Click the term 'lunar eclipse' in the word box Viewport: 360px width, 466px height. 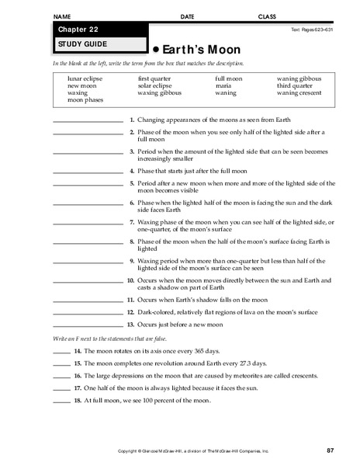pyautogui.click(x=85, y=79)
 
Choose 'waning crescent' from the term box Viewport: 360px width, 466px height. pyautogui.click(x=298, y=93)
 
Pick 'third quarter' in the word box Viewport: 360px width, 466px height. pyautogui.click(x=294, y=86)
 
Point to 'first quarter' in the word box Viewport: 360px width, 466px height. pyautogui.click(x=154, y=79)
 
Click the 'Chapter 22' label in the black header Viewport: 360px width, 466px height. pyautogui.click(x=74, y=30)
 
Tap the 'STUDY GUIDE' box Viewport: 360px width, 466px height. pyautogui.click(x=78, y=44)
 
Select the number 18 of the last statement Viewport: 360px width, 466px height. pyautogui.click(x=78, y=401)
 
